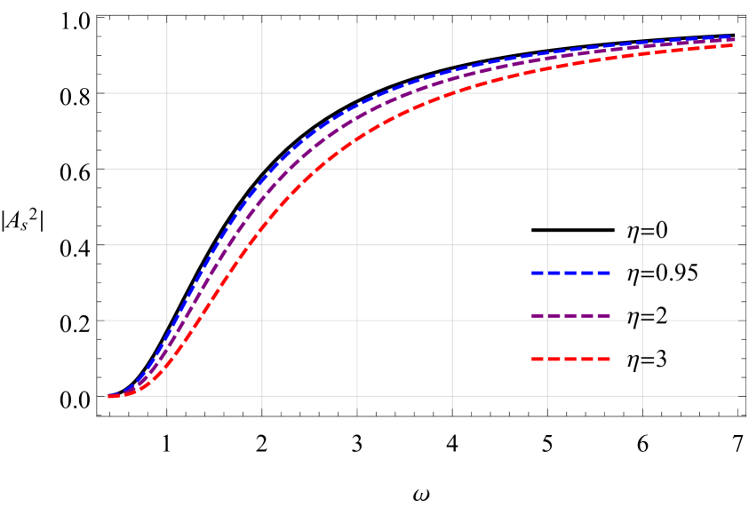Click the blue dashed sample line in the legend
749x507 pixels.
coord(570,273)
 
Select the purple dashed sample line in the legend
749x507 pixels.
coord(570,316)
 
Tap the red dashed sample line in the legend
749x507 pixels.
coord(570,359)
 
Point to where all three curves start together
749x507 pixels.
coord(110,396)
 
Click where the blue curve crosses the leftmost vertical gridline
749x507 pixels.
coord(167,337)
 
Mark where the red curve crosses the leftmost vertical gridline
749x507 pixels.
coord(167,364)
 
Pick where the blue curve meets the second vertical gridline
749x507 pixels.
coord(262,178)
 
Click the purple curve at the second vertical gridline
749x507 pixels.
coord(262,197)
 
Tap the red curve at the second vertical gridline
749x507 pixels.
coord(262,227)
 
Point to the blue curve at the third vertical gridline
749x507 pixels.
coord(357,106)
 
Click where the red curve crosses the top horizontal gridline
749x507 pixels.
coord(453,92)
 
